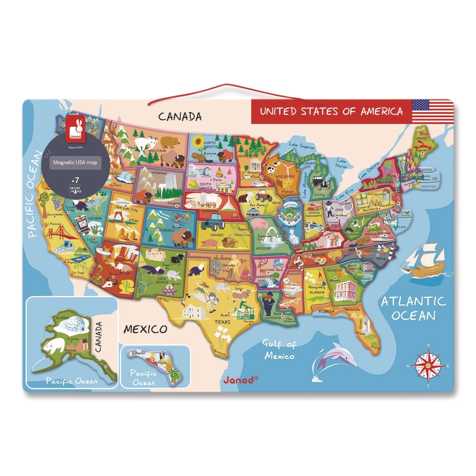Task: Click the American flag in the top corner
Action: pyautogui.click(x=433, y=111)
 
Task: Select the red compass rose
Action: pyautogui.click(x=428, y=365)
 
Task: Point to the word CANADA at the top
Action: pyautogui.click(x=180, y=116)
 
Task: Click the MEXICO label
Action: pyautogui.click(x=145, y=329)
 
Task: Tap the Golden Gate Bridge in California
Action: pyautogui.click(x=59, y=234)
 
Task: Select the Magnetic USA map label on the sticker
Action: pyautogui.click(x=75, y=162)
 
